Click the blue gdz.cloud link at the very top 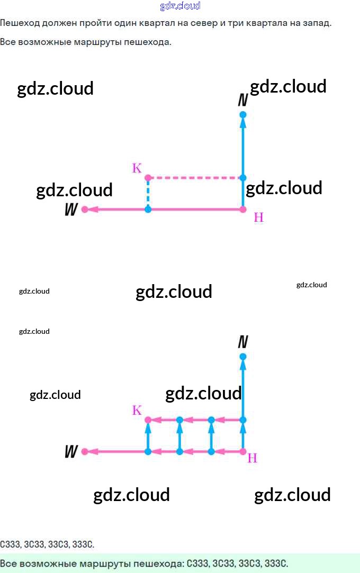click(180, 6)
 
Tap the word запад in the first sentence click(317, 24)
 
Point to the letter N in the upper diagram click(243, 100)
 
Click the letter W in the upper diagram click(71, 210)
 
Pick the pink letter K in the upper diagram click(137, 169)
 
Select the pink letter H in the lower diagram click(253, 458)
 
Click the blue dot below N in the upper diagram click(243, 115)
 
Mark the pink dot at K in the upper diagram click(148, 178)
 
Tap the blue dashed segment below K click(148, 194)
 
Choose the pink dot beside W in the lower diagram click(85, 451)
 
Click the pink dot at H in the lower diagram click(243, 451)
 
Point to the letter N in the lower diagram click(243, 342)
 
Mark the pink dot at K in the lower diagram click(148, 420)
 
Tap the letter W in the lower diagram click(71, 452)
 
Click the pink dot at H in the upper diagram click(243, 210)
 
